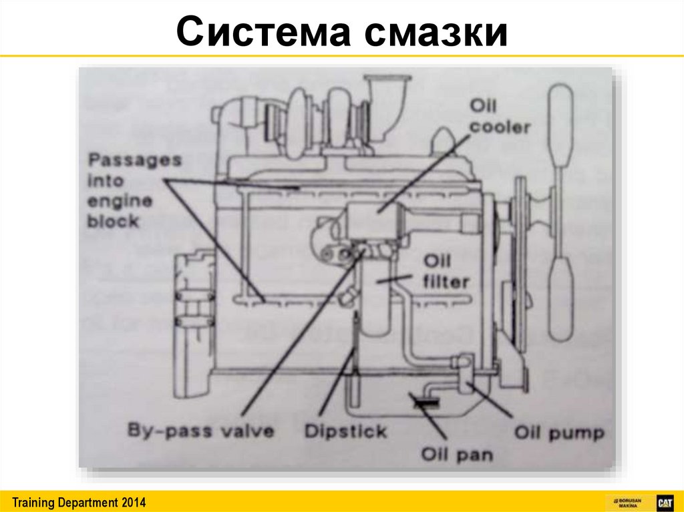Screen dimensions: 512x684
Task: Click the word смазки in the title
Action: click(x=436, y=33)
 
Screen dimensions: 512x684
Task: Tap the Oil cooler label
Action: click(x=500, y=116)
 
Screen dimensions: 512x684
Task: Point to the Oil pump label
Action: click(x=559, y=433)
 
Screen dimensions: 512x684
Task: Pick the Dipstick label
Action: click(x=345, y=431)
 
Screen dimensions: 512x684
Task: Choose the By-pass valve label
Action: click(x=201, y=431)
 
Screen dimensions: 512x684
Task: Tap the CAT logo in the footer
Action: click(x=664, y=502)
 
